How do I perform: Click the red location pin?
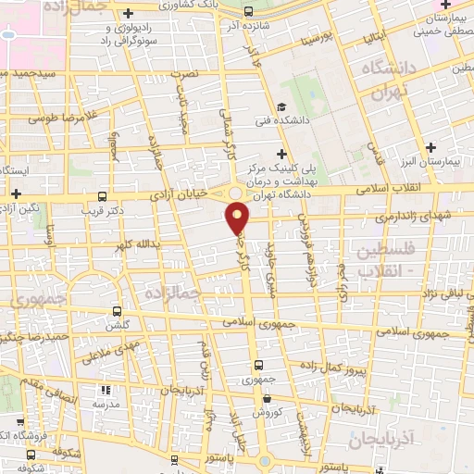[238, 218]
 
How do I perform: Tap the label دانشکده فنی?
[277, 121]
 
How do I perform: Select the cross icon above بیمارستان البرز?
[430, 147]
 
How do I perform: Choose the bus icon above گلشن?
[117, 312]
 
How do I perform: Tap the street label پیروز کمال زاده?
[361, 368]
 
